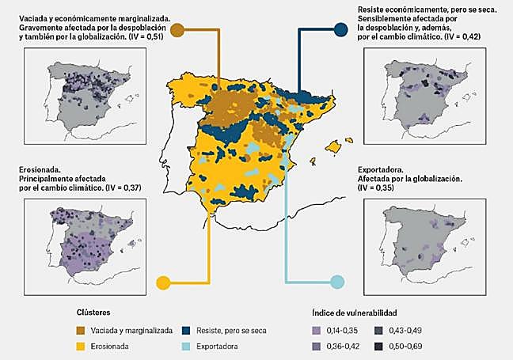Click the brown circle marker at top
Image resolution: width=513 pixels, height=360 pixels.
point(178,31)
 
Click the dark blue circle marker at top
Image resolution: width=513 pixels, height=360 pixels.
point(341,30)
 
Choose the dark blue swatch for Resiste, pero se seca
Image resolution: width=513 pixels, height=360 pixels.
point(187,330)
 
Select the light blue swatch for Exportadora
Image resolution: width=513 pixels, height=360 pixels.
point(187,347)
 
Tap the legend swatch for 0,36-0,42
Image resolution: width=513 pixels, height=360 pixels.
point(317,347)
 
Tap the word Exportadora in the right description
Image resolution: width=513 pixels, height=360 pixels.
point(385,169)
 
